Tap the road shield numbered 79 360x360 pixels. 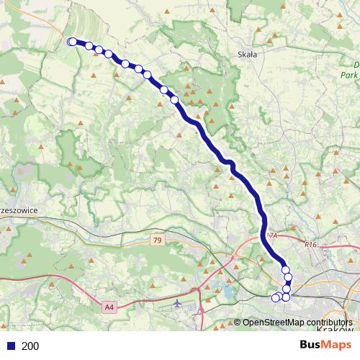point(158,239)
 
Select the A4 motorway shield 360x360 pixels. point(109,307)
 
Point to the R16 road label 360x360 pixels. point(310,245)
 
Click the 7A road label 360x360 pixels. point(271,235)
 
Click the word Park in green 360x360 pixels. point(349,74)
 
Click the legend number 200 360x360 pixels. point(30,346)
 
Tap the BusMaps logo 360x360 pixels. point(325,345)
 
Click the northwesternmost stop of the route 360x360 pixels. point(72,42)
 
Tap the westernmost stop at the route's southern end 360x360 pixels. point(274,297)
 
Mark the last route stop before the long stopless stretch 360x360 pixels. point(175,99)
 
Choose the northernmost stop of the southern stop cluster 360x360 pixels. point(286,269)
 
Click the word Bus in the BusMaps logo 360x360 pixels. point(312,345)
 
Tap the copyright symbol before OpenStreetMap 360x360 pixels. point(238,323)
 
